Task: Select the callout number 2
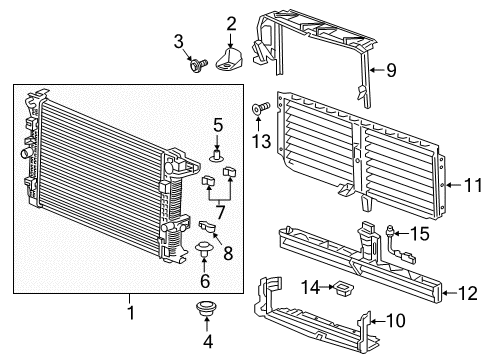(x=230, y=23)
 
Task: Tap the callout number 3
(x=180, y=40)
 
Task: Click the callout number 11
(x=460, y=184)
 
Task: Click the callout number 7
(x=218, y=211)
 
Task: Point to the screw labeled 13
(x=261, y=106)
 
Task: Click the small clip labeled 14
(x=345, y=290)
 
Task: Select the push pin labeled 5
(x=217, y=154)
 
